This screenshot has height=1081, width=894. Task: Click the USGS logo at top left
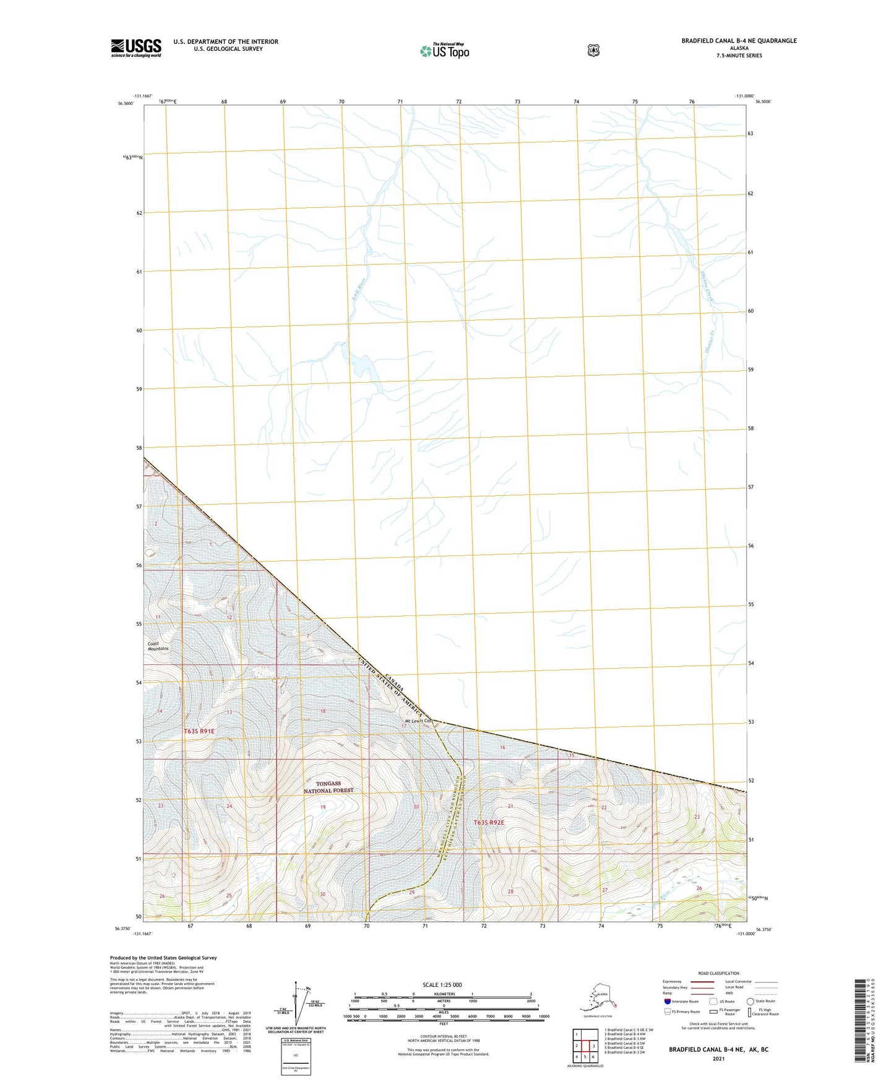[136, 48]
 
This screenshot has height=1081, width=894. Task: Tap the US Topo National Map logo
[444, 51]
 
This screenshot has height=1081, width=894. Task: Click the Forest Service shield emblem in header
[593, 50]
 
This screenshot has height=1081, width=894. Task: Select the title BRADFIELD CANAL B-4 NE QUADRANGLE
[739, 41]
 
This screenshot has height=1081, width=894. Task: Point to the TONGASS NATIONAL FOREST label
[329, 787]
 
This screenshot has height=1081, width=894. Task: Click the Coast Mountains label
[158, 646]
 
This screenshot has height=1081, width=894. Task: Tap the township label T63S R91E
[199, 731]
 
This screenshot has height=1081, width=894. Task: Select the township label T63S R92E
[489, 823]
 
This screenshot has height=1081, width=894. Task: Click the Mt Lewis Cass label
[418, 721]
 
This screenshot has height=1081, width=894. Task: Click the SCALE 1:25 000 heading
[442, 985]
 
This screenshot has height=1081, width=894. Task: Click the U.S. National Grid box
[295, 1055]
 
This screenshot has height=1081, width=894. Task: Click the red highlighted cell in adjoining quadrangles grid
[585, 1046]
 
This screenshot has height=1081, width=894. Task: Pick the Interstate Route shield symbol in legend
[667, 1001]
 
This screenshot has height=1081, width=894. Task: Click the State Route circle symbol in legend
[750, 1001]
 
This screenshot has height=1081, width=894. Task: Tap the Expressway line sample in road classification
[702, 981]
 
